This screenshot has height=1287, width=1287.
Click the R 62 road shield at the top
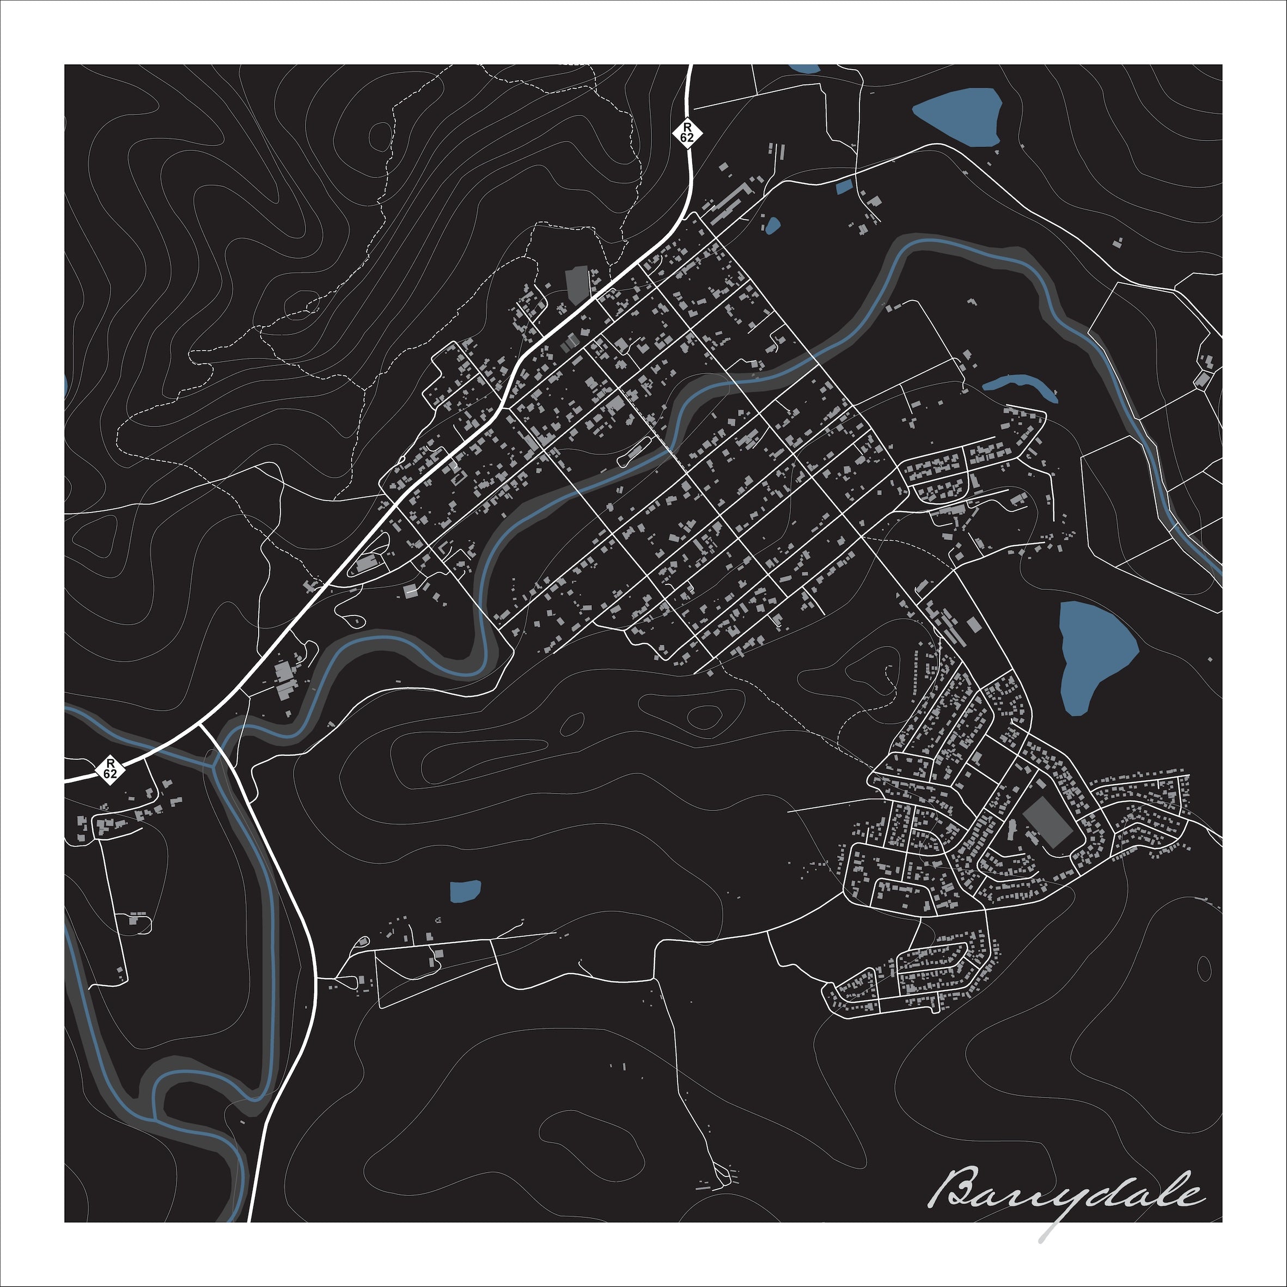pos(687,131)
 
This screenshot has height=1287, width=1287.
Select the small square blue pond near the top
pos(843,187)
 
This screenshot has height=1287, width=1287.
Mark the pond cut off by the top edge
pos(803,68)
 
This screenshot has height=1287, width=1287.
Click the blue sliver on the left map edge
pos(66,386)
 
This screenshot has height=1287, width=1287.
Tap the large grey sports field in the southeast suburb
pos(1048,823)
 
